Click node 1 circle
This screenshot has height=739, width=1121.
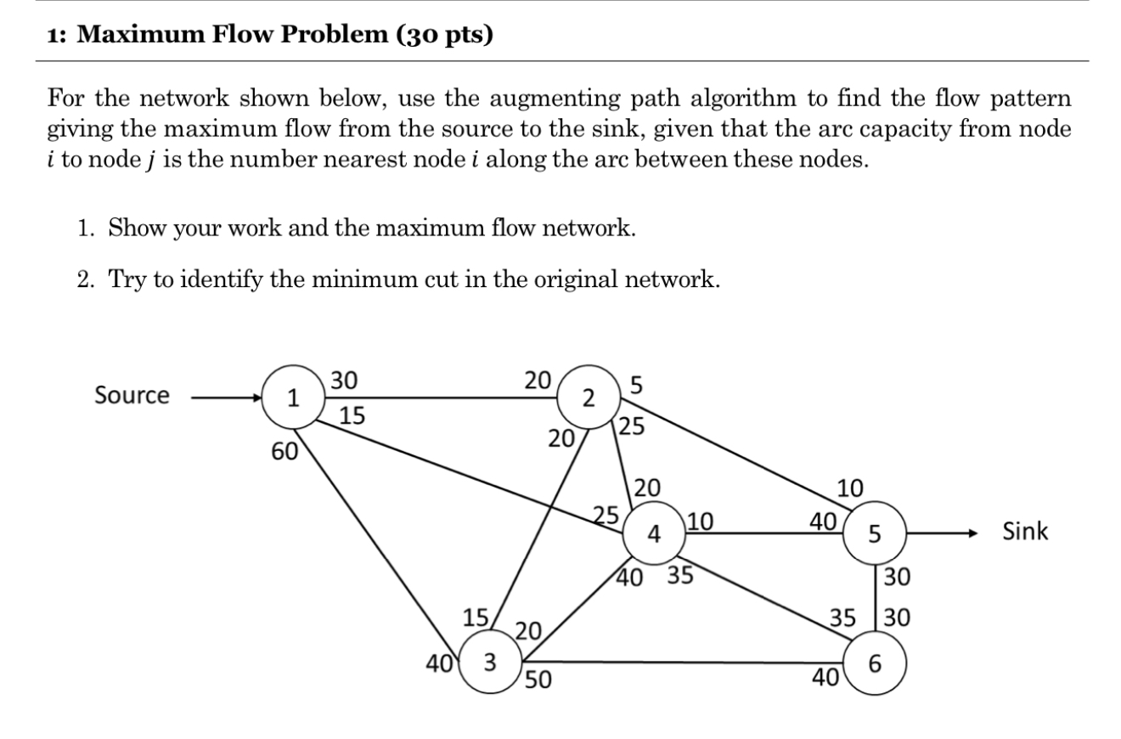coord(292,397)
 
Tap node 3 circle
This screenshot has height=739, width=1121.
coord(490,660)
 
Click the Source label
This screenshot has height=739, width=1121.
coord(132,396)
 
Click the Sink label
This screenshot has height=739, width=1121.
coord(1025,533)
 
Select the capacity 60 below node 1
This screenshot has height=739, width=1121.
coord(284,452)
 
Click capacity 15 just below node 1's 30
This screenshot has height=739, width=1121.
coord(352,416)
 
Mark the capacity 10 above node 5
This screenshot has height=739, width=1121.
coord(849,488)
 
